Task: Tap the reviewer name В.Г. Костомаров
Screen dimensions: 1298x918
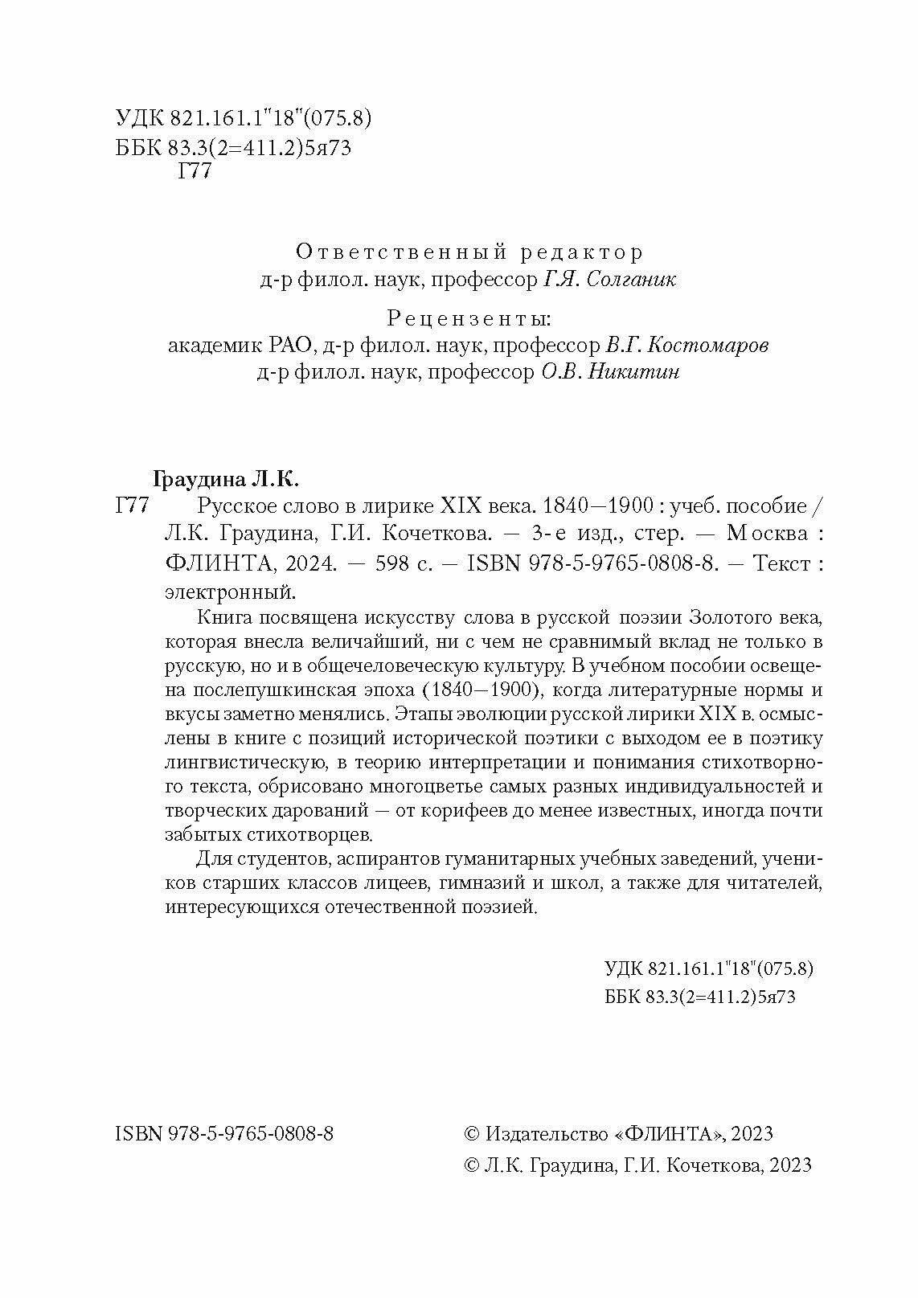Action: [685, 346]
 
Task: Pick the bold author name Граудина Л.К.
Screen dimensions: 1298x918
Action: [225, 480]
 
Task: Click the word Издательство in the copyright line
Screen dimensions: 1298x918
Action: [546, 1133]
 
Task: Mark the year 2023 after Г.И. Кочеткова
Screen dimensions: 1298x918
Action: [791, 1165]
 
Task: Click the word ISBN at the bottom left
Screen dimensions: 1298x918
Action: [139, 1133]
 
